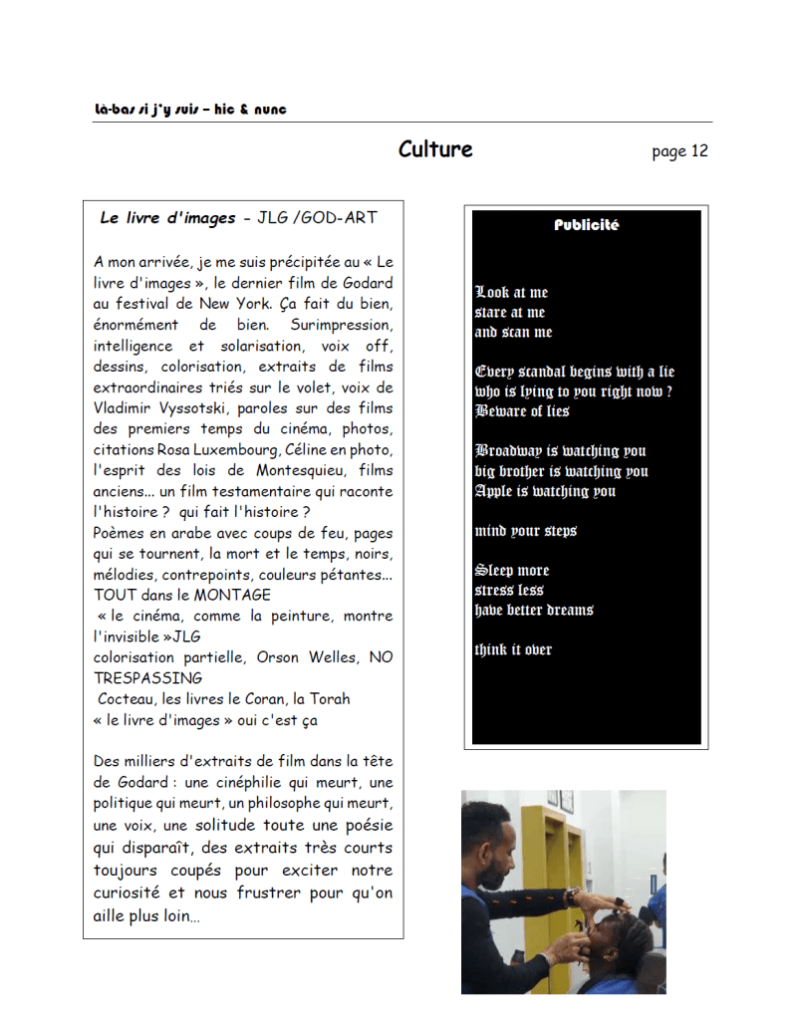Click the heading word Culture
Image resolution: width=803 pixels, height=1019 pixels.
click(435, 149)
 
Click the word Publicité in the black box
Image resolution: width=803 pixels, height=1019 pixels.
click(586, 225)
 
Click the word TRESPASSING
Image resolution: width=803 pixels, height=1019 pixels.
click(147, 678)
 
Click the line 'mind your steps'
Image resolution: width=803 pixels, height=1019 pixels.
click(525, 531)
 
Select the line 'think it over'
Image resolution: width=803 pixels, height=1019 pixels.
click(513, 650)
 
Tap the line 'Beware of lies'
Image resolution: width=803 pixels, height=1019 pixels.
click(522, 411)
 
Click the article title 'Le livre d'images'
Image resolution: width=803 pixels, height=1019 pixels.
click(167, 218)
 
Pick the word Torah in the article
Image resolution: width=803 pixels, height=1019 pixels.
click(329, 699)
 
